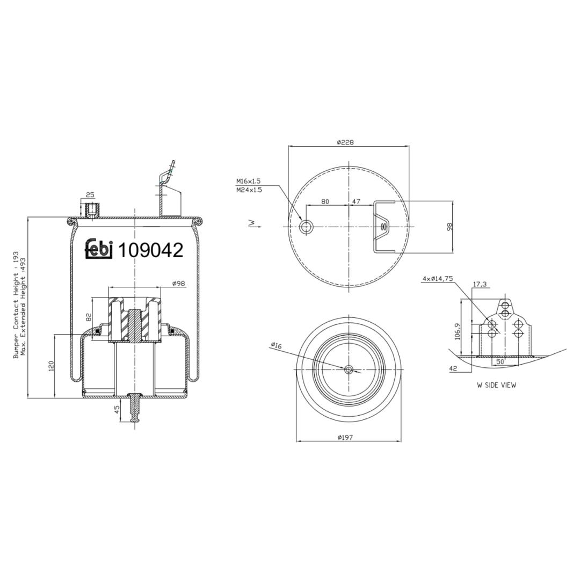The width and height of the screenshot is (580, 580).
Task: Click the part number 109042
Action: pyautogui.click(x=150, y=250)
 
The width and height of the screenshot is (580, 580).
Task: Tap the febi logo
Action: pyautogui.click(x=99, y=249)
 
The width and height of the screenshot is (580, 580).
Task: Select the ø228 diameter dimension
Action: pyautogui.click(x=345, y=142)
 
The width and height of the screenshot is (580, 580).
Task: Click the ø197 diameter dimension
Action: pyautogui.click(x=345, y=437)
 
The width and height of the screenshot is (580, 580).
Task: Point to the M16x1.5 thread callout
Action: pyautogui.click(x=249, y=182)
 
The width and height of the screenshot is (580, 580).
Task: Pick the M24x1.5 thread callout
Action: pyautogui.click(x=249, y=190)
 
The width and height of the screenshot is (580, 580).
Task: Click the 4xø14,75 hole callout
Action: pyautogui.click(x=438, y=279)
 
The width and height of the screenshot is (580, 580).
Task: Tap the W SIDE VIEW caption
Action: pyautogui.click(x=496, y=385)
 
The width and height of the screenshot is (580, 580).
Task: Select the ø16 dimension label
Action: pyautogui.click(x=277, y=346)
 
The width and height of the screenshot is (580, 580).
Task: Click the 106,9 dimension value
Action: pyautogui.click(x=457, y=331)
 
